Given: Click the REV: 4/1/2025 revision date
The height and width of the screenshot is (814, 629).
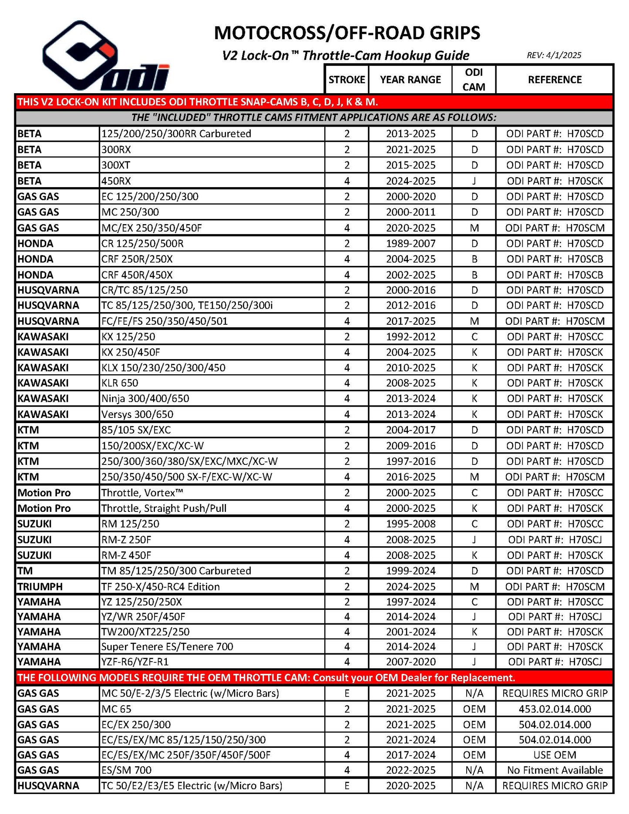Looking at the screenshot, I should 554,55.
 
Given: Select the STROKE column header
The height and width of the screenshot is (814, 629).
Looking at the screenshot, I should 346,80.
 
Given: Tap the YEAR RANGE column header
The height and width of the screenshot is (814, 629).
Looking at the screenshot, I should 410,80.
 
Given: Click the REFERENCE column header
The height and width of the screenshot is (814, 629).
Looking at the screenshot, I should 555,80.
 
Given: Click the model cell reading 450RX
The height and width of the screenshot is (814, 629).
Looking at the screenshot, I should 116,181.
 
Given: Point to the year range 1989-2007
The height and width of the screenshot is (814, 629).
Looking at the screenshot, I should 410,243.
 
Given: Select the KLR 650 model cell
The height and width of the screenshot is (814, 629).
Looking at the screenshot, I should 120,383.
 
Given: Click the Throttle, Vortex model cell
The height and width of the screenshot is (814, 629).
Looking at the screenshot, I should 142,493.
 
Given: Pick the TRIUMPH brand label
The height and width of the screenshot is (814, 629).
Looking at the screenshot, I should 40,586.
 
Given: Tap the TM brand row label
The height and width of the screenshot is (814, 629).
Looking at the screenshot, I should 25,571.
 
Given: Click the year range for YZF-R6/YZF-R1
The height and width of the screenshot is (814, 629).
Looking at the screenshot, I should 410,662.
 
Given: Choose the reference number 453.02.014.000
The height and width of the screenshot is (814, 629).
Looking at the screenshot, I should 555,709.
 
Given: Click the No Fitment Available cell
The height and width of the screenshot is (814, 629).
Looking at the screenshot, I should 555,770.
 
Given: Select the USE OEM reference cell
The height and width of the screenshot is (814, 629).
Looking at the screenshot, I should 555,755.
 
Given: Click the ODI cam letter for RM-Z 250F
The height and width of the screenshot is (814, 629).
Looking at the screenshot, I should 474,540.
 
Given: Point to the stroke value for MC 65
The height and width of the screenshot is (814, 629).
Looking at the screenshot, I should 347,709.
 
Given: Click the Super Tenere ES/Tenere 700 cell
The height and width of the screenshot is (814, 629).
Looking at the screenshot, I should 167,646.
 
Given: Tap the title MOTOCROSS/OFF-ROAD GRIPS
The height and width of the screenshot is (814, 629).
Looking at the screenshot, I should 347,33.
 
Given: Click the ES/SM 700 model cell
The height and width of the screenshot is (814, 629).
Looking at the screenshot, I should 126,770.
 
